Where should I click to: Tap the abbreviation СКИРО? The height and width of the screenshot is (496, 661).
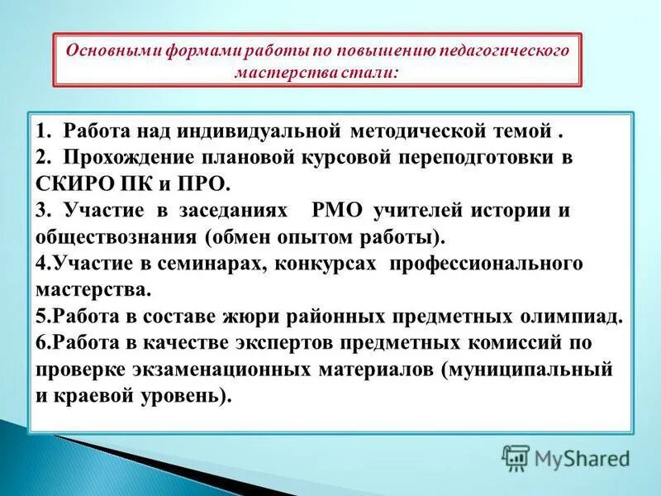click(71, 183)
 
